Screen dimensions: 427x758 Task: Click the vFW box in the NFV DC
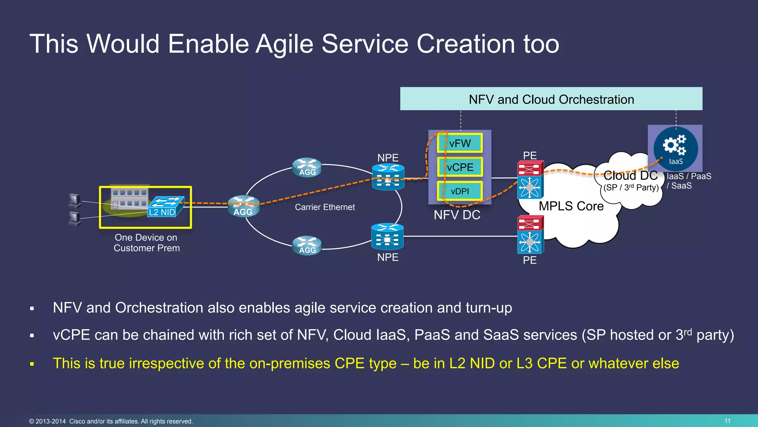click(x=460, y=143)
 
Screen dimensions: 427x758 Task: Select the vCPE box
click(x=460, y=167)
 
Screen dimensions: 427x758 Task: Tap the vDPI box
click(x=460, y=191)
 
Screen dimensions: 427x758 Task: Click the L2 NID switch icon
click(x=165, y=207)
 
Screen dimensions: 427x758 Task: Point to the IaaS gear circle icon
click(x=675, y=149)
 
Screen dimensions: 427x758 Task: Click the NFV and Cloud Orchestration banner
click(x=551, y=99)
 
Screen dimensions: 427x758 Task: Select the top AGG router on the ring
click(x=307, y=168)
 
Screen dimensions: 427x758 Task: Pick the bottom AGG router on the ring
click(x=307, y=245)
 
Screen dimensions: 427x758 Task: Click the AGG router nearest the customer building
click(x=243, y=206)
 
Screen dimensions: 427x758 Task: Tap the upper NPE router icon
click(x=388, y=177)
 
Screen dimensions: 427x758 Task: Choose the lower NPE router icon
click(x=387, y=236)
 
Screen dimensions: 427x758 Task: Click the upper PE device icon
click(x=530, y=179)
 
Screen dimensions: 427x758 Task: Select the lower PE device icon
click(x=530, y=235)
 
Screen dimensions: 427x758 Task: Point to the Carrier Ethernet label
click(x=325, y=207)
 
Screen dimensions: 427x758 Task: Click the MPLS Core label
click(x=571, y=206)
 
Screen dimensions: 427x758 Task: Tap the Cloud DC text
click(x=630, y=175)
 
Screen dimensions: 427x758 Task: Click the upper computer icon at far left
click(x=75, y=201)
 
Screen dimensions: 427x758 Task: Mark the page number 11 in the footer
click(x=727, y=421)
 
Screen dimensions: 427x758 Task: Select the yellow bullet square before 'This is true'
click(x=32, y=364)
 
